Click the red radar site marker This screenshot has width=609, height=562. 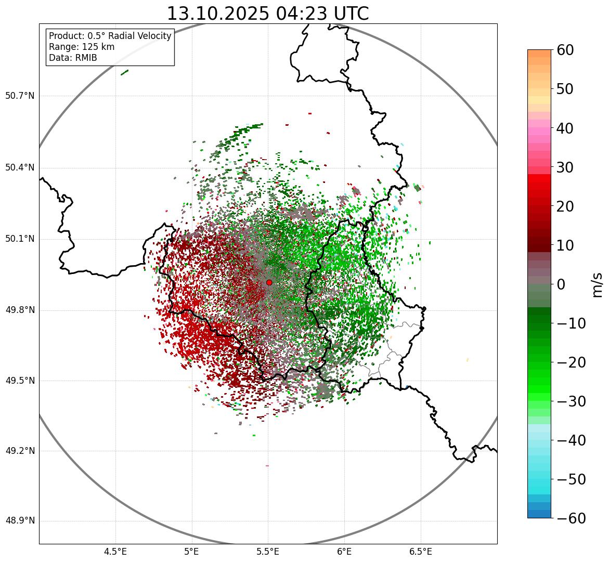[x=269, y=282]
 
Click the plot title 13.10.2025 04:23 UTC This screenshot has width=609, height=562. [x=267, y=14]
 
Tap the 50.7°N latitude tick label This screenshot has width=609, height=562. [x=20, y=96]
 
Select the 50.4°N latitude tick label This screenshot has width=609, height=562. [x=20, y=167]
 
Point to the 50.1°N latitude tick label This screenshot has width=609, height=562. [x=20, y=239]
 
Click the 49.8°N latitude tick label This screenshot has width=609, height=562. [x=20, y=310]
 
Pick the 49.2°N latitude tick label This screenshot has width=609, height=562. [x=20, y=451]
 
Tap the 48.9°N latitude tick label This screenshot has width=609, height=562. [x=20, y=521]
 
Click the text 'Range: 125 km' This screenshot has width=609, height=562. [x=82, y=47]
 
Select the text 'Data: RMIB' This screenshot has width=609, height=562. [x=73, y=58]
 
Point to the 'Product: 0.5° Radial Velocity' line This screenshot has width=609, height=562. [x=110, y=36]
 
